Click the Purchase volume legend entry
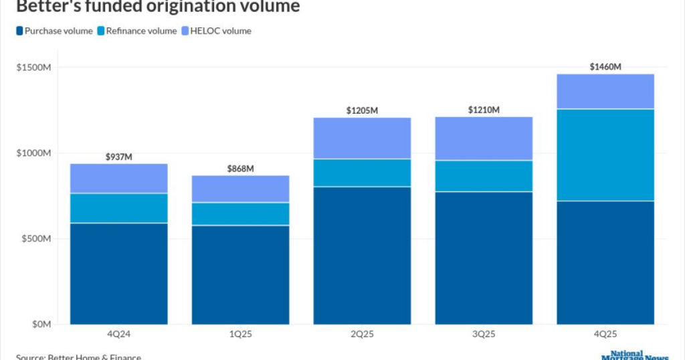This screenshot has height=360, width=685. coord(54,31)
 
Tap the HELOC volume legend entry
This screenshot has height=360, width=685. coord(218,31)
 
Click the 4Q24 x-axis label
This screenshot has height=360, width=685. coord(118,334)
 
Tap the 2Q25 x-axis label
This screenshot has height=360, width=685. coord(362,334)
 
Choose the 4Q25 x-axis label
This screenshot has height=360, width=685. coord(605,334)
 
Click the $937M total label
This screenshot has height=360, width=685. coord(119,157)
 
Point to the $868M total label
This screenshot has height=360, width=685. coord(240,169)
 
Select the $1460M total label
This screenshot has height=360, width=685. coord(605,67)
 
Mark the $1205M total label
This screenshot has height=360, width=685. coord(362,110)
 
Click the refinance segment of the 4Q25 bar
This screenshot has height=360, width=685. coord(605,155)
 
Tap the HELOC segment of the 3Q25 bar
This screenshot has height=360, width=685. coord(484,139)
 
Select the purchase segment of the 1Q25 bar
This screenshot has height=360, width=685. coord(240,274)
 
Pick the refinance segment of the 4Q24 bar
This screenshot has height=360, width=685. coord(119,208)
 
